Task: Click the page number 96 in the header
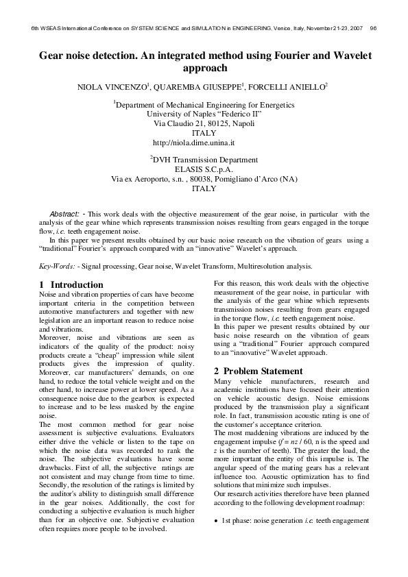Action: coord(373,29)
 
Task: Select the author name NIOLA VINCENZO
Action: coord(115,88)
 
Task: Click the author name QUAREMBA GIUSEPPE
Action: coord(198,88)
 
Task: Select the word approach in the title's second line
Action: coord(204,68)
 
